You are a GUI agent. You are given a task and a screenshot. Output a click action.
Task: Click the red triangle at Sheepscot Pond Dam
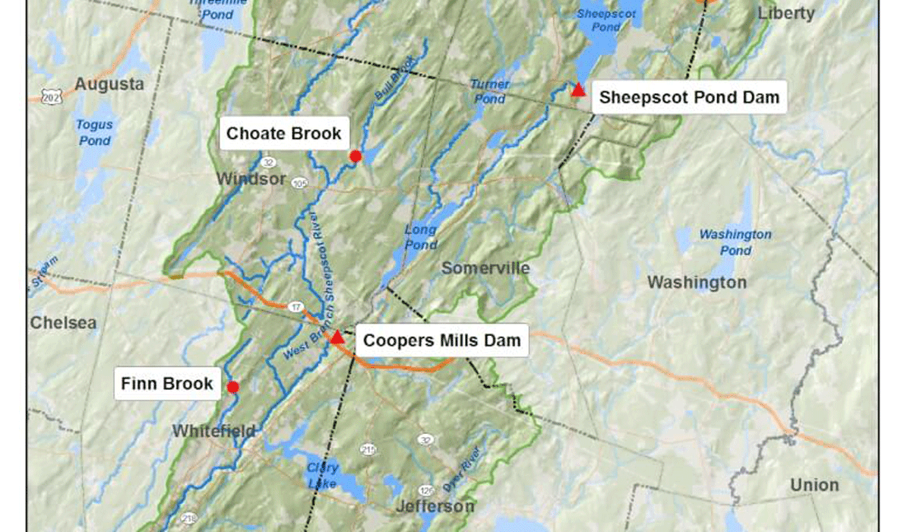[578, 90]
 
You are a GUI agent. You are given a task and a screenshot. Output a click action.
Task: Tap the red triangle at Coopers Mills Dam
[337, 336]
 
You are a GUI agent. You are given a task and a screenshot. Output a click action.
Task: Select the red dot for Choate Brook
[355, 156]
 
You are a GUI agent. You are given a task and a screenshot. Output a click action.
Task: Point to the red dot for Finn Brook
[233, 387]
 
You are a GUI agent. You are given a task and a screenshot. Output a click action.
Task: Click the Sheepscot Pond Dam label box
[688, 97]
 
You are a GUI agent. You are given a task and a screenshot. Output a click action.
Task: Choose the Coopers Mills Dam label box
[441, 340]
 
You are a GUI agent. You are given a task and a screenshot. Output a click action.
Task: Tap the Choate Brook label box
[284, 135]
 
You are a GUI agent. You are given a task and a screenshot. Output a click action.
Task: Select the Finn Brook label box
[166, 383]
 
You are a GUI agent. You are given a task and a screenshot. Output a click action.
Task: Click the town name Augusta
[109, 84]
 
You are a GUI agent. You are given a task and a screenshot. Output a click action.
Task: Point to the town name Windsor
[251, 179]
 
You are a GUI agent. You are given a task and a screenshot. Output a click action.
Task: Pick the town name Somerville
[485, 268]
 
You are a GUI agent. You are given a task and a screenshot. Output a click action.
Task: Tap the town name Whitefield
[214, 431]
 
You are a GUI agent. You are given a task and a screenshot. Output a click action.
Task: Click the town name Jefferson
[435, 506]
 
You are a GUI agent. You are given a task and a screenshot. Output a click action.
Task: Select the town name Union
[814, 485]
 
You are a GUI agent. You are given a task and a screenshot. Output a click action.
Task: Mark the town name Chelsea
[64, 323]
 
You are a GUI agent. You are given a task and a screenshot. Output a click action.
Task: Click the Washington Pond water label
[725, 242]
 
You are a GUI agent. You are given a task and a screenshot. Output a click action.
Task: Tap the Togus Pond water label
[94, 132]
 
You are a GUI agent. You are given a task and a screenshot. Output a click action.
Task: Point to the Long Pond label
[420, 237]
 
